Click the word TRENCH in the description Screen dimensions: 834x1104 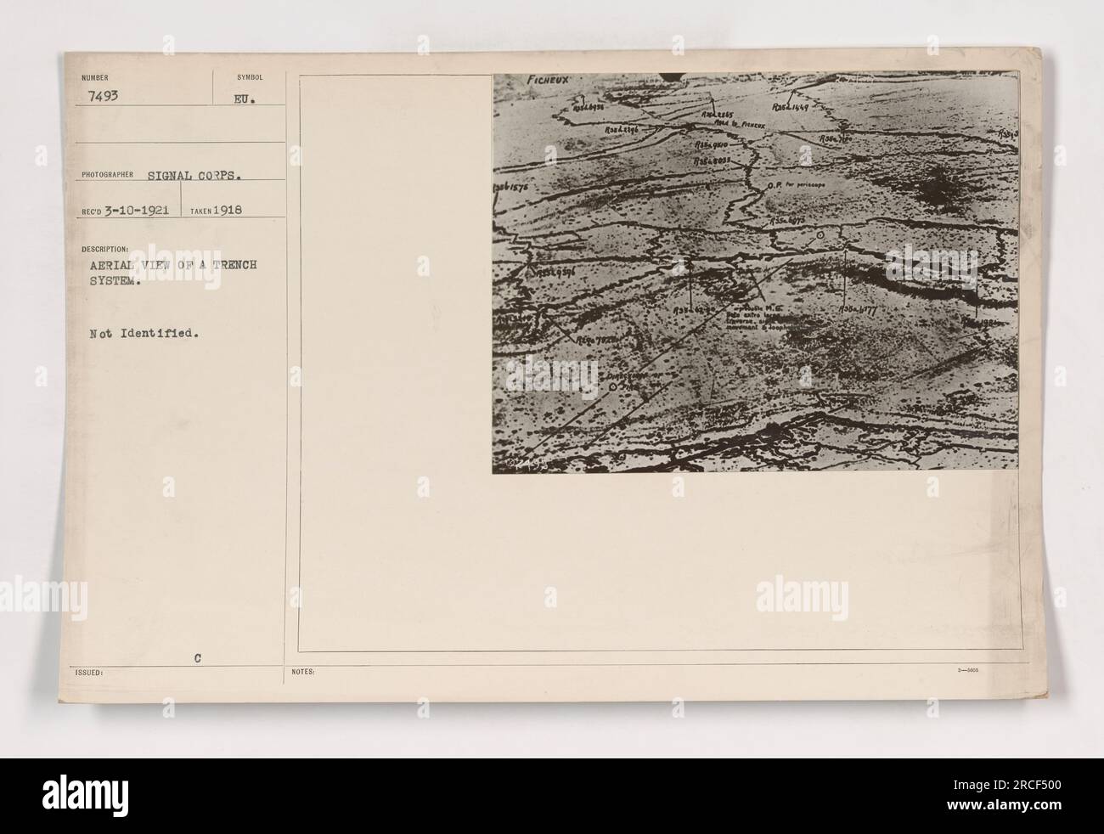(230, 265)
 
